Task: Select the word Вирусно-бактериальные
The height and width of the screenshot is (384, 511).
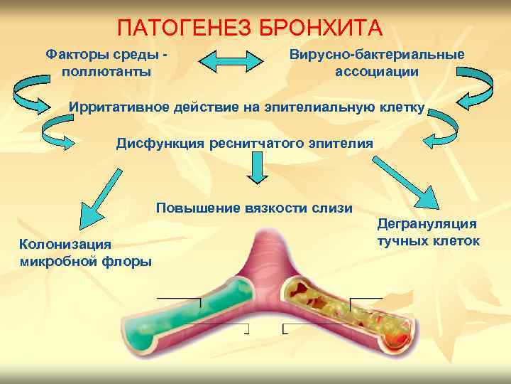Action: [377, 55]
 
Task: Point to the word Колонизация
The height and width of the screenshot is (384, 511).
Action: [65, 244]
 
